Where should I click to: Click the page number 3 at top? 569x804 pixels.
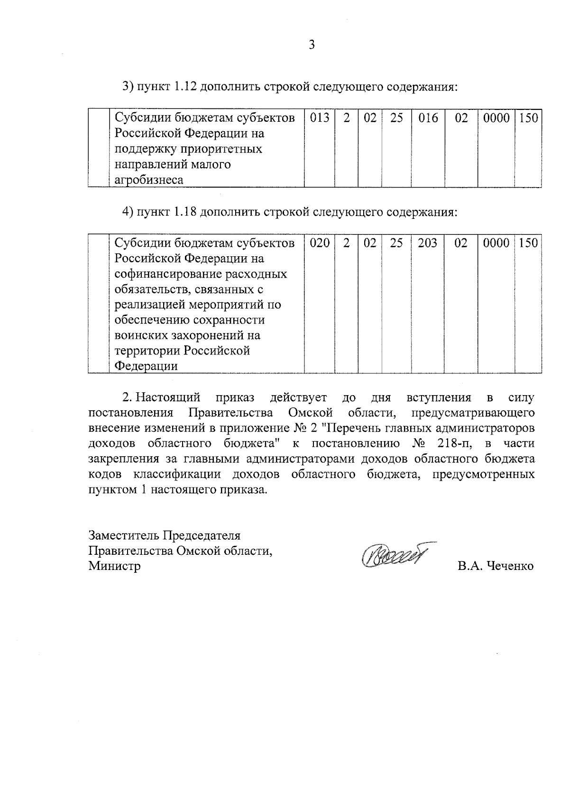tap(312, 45)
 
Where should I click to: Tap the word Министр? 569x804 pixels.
tap(114, 566)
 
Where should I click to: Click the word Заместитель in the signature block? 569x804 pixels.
tap(124, 535)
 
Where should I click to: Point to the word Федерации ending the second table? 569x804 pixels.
tap(147, 366)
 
